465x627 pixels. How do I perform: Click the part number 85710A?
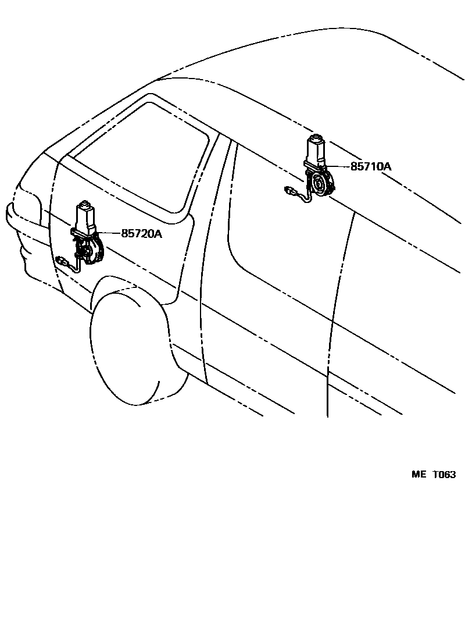point(370,166)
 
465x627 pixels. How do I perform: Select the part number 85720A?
point(141,234)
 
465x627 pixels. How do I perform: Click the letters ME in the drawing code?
point(419,474)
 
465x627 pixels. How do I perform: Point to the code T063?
point(444,474)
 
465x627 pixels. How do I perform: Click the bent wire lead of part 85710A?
point(305,198)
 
